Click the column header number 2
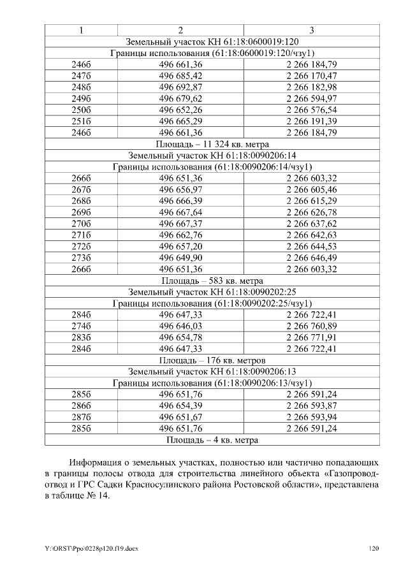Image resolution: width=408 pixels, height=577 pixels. tap(180, 30)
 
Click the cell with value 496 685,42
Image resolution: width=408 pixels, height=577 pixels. tap(180, 76)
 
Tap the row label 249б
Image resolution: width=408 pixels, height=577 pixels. tap(81, 99)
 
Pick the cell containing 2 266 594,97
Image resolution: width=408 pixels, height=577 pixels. tap(312, 99)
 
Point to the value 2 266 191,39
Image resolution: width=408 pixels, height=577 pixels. tap(312, 121)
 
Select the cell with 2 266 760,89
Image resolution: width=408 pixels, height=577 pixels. tap(312, 326)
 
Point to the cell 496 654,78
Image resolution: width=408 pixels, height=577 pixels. tap(180, 337)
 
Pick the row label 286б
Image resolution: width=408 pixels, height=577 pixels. tap(81, 405)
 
